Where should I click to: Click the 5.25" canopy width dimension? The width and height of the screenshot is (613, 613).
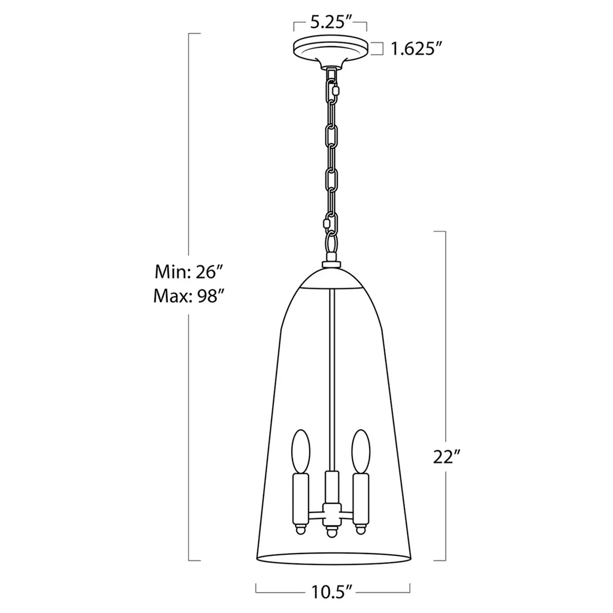pos(330,23)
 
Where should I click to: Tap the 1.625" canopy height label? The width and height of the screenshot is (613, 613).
pos(416,49)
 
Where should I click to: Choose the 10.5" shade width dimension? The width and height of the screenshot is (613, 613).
pos(333,592)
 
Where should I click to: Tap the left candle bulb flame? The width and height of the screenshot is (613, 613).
pos(300,452)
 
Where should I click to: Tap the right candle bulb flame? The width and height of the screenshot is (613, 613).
pos(361,452)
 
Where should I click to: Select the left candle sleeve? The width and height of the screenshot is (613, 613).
pos(301,499)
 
